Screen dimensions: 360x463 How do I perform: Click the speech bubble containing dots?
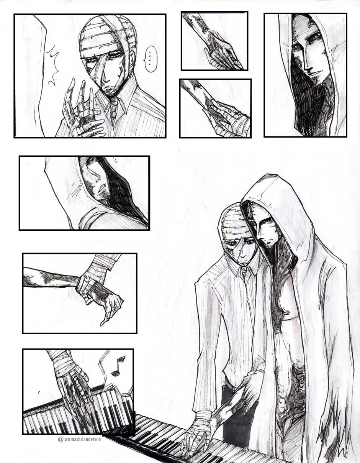pyautogui.click(x=151, y=59)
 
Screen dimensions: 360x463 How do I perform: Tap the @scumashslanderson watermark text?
pyautogui.click(x=79, y=439)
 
